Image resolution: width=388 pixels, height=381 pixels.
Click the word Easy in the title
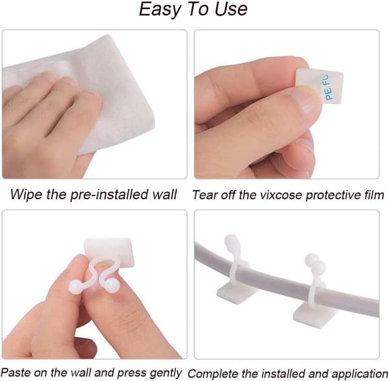[160, 10]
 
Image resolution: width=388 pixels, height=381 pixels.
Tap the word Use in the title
[231, 9]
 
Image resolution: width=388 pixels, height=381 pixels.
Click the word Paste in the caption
[16, 373]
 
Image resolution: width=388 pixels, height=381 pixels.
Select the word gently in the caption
[165, 373]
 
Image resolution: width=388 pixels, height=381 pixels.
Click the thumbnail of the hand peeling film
[286, 104]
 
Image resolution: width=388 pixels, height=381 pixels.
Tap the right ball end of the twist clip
[112, 285]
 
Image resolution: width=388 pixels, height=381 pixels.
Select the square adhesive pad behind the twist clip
[109, 252]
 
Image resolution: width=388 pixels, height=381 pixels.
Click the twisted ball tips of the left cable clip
[233, 244]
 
